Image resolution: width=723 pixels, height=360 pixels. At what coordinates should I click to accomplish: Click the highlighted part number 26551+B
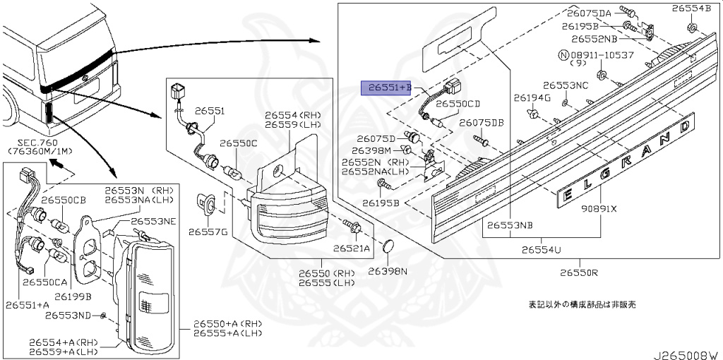point(386,88)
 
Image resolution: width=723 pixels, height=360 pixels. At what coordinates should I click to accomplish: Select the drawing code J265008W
point(683,354)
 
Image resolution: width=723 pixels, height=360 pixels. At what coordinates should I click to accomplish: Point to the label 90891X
point(599,209)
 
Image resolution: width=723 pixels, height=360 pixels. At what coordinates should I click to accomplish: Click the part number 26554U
point(542,250)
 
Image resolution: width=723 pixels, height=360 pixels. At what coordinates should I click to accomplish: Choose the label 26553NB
point(508,225)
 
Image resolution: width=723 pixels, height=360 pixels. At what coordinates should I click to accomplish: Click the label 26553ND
point(73,314)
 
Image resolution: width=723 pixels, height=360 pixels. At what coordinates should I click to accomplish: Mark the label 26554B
point(692,9)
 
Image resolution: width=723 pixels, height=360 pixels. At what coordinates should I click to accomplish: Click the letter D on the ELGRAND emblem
point(683,126)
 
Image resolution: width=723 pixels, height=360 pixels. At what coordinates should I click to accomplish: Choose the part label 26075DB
point(482,123)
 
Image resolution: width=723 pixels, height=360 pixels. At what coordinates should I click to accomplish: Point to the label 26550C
point(238,143)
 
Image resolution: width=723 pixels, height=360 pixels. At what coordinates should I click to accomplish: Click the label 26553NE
point(155,221)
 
